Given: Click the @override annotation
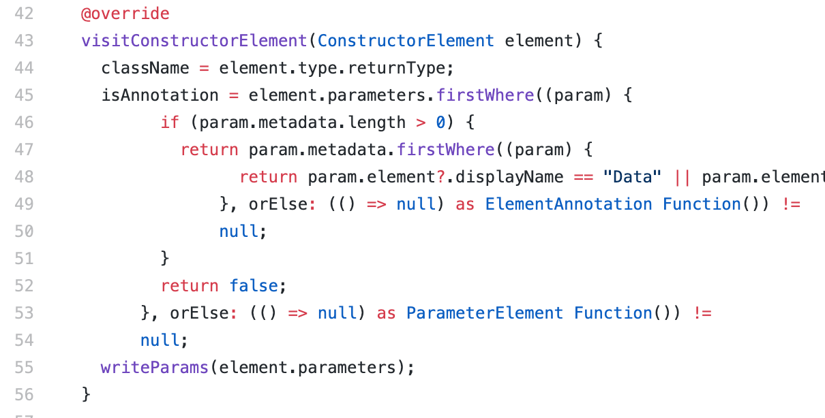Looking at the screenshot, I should point(125,13).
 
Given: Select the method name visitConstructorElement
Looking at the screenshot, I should point(194,40).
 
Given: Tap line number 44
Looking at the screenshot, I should point(24,67).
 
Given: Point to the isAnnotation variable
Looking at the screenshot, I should point(160,95).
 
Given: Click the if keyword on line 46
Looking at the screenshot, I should point(170,122).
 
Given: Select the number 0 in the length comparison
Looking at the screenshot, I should point(440,122).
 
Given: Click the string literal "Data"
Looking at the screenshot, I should point(632,176).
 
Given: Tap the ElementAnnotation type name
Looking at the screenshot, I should point(569,204).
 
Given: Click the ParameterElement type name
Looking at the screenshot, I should point(485,312).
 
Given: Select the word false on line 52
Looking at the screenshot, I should point(254,285).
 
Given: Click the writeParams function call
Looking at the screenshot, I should point(155,367).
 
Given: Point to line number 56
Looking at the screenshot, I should point(24,394).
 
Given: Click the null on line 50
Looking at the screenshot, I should point(239,231).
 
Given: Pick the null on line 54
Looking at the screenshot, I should point(160,340).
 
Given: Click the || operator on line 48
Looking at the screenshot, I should point(682,176).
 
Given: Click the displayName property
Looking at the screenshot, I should point(509,176).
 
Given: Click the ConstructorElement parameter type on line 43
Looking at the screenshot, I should point(406,40).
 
